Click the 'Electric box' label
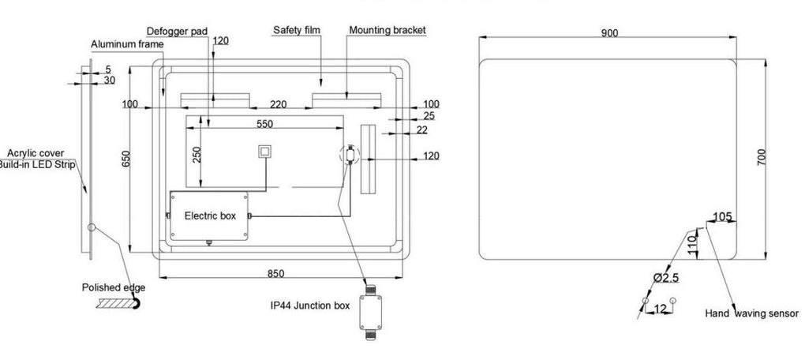pyautogui.click(x=210, y=216)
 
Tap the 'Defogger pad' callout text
pyautogui.click(x=177, y=32)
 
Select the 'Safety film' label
pyautogui.click(x=296, y=30)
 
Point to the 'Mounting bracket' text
pyautogui.click(x=387, y=30)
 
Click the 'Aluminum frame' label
pyautogui.click(x=127, y=44)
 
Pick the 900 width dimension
pyautogui.click(x=609, y=33)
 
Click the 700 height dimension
pyautogui.click(x=762, y=156)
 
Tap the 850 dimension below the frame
pyautogui.click(x=275, y=274)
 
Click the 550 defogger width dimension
pyautogui.click(x=264, y=124)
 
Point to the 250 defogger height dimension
pyautogui.click(x=196, y=155)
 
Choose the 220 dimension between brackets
pyautogui.click(x=279, y=105)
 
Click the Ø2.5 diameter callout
pyautogui.click(x=666, y=278)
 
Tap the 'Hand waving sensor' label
pyautogui.click(x=751, y=313)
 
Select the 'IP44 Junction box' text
pyautogui.click(x=310, y=306)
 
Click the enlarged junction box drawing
pyautogui.click(x=369, y=309)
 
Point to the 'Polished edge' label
pyautogui.click(x=114, y=287)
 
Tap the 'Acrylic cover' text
pyautogui.click(x=36, y=153)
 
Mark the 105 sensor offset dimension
pyautogui.click(x=722, y=217)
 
